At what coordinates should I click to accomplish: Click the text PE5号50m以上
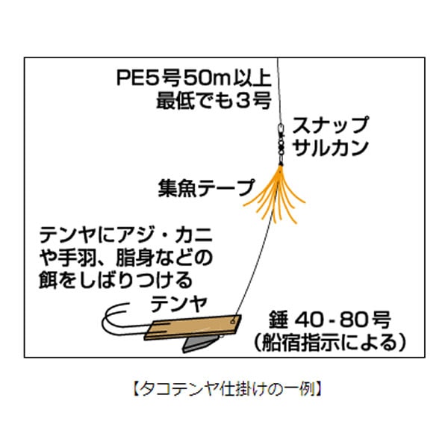(194, 78)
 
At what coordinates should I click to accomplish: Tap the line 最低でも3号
(214, 101)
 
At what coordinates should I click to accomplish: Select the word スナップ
(330, 125)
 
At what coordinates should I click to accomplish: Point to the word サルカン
(331, 147)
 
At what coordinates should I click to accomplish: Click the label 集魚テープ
(206, 188)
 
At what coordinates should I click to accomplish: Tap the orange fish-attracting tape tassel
(275, 195)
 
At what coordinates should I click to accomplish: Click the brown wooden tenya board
(193, 328)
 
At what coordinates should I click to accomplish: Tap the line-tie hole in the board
(233, 321)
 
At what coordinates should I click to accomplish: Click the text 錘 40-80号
(329, 320)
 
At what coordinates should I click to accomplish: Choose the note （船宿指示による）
(329, 342)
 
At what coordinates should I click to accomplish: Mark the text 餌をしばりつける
(116, 280)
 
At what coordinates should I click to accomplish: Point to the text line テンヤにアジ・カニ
(126, 234)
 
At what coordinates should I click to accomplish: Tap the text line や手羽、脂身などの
(126, 258)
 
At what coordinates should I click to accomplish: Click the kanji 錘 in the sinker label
(278, 320)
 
